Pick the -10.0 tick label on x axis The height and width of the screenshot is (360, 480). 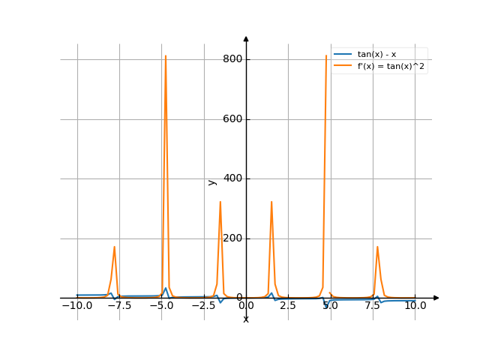tap(76, 306)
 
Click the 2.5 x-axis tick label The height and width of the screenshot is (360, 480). tap(289, 306)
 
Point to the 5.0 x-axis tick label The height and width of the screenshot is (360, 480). tap(331, 306)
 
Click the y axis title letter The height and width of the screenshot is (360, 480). tap(211, 182)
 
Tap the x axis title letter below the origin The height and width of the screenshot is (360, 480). tap(246, 319)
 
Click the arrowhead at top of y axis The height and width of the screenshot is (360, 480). tap(246, 38)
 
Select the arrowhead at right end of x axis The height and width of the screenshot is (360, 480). tap(436, 298)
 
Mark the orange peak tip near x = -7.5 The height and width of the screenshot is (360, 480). tap(114, 247)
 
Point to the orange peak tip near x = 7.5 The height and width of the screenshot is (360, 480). tap(377, 247)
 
